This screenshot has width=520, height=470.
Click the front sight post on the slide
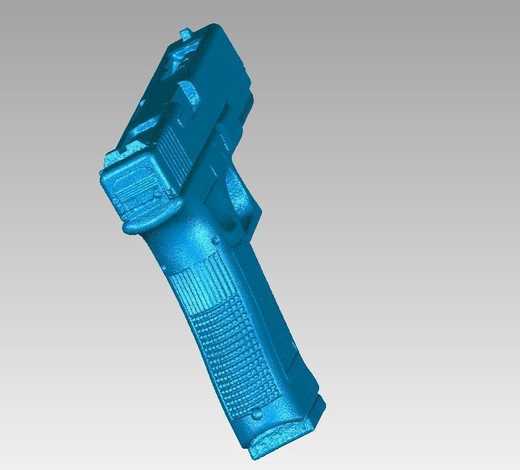186,33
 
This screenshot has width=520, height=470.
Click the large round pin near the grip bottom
257,414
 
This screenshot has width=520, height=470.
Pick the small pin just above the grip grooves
215,240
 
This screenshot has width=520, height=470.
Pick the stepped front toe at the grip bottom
318,409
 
